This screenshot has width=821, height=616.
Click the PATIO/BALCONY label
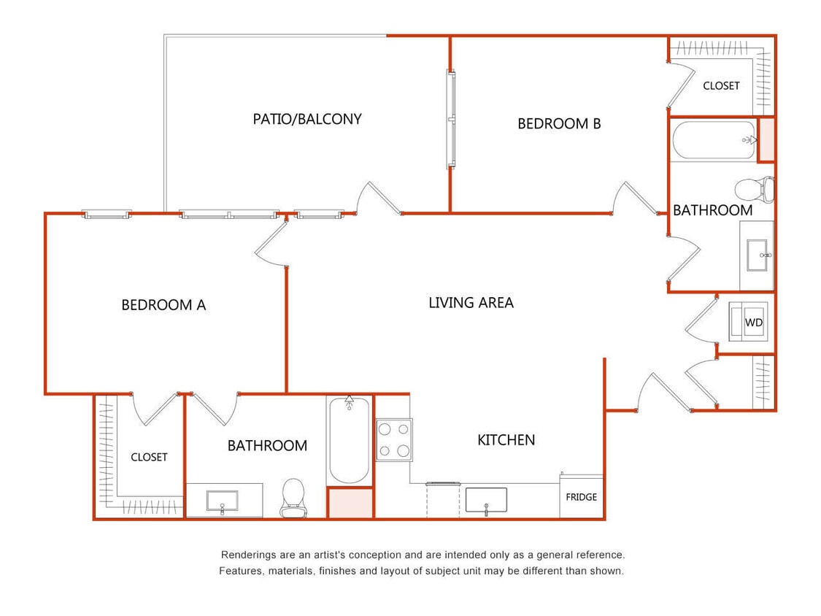click(x=307, y=119)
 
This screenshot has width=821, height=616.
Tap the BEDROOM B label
click(x=559, y=124)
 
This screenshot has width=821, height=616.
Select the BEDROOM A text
click(x=163, y=305)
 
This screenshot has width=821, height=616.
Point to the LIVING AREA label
click(x=471, y=302)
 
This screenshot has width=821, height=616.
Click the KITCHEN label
click(x=506, y=440)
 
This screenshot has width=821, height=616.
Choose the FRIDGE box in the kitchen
click(x=582, y=497)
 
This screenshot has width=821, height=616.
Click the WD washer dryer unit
click(x=752, y=322)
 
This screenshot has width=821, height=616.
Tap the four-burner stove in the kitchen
click(x=393, y=439)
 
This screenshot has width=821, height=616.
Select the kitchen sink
click(x=486, y=500)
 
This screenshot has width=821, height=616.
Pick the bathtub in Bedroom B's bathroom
click(x=714, y=139)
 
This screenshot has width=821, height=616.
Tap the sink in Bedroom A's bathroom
click(x=222, y=501)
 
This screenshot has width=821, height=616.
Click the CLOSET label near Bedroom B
click(x=721, y=86)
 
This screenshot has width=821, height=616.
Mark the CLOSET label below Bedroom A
click(x=149, y=458)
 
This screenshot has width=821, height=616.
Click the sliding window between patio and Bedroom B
click(x=452, y=119)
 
